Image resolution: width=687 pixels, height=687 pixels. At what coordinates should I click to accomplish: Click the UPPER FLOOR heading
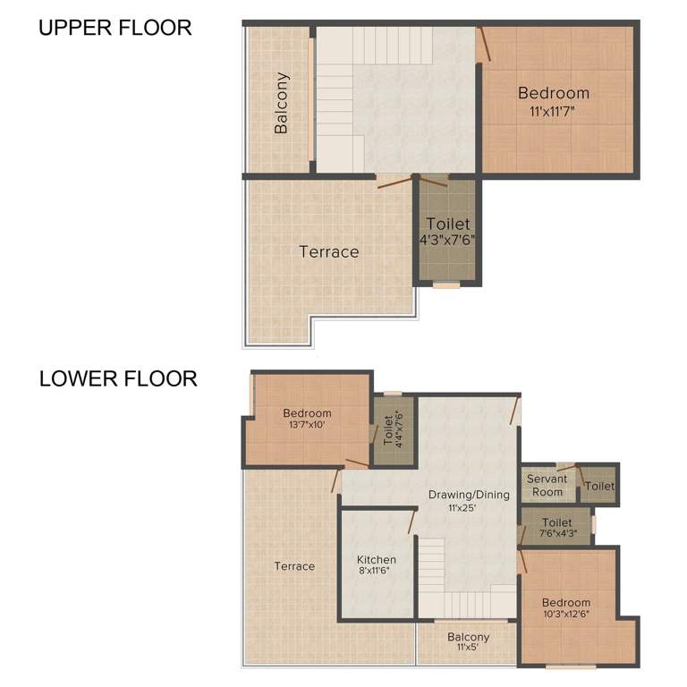click(x=114, y=28)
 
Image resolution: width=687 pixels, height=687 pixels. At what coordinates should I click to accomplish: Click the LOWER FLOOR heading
click(x=117, y=378)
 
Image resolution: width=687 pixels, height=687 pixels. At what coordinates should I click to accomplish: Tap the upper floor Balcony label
click(x=282, y=103)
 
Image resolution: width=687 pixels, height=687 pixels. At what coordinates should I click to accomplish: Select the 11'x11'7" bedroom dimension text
click(x=553, y=112)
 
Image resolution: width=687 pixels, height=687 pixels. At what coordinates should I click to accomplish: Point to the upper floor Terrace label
click(x=328, y=252)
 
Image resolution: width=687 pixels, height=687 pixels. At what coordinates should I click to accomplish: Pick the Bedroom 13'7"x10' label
click(x=307, y=419)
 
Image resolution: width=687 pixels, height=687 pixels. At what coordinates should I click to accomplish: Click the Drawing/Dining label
click(x=469, y=495)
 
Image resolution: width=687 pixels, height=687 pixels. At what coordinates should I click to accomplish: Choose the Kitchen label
click(x=376, y=560)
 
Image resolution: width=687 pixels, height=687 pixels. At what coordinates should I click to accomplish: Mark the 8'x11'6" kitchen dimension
click(x=376, y=572)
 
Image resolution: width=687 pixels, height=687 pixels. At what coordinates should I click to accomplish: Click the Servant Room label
click(x=547, y=486)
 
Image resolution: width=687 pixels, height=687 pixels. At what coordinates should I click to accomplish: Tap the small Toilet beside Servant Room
click(x=599, y=487)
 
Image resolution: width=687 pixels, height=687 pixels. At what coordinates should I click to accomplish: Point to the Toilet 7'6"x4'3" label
click(x=556, y=528)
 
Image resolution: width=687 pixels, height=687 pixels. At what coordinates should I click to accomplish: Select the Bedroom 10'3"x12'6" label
click(x=565, y=608)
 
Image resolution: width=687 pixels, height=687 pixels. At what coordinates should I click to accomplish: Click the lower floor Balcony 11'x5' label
click(x=468, y=641)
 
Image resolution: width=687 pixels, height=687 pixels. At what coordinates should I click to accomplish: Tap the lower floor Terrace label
click(x=294, y=566)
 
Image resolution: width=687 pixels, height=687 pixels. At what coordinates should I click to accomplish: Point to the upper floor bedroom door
click(x=483, y=44)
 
